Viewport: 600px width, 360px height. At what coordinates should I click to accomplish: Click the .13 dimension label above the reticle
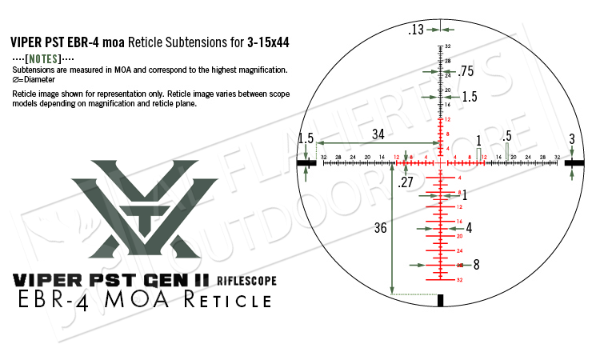tap(415, 30)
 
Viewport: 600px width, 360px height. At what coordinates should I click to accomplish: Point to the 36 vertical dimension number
tap(380, 228)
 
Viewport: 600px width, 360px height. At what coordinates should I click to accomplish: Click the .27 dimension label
tap(406, 183)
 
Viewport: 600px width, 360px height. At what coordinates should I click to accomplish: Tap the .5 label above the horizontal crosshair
tap(506, 137)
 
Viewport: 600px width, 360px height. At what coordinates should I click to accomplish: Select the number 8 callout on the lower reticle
tap(476, 264)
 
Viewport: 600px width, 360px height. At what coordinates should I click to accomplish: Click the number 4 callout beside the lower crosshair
tap(469, 228)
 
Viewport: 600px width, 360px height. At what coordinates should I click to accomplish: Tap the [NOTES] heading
tap(44, 60)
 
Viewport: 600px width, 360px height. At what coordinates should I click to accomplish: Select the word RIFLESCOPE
tap(246, 280)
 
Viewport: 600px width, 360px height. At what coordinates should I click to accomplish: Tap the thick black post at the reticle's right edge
tap(574, 162)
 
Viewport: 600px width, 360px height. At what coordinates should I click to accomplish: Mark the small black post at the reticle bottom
tap(440, 300)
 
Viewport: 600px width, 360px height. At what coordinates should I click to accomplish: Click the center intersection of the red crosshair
tap(440, 162)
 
